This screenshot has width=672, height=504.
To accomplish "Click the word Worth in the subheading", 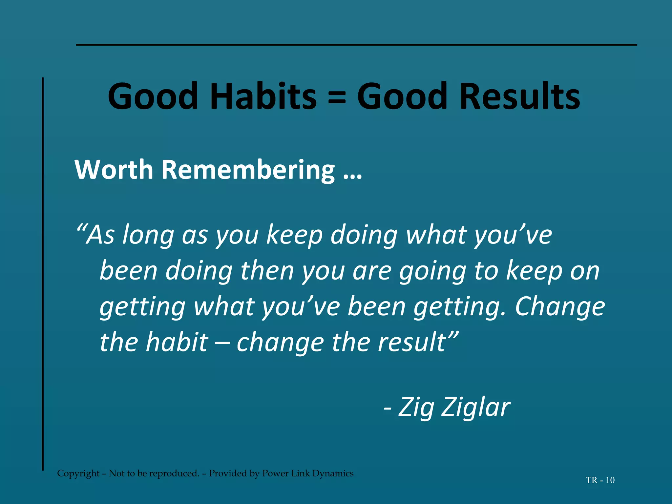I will (114, 170).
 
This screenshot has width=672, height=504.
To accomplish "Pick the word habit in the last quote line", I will (177, 342).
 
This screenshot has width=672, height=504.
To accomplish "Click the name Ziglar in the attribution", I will (476, 408).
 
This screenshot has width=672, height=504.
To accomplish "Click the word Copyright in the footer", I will (78, 473).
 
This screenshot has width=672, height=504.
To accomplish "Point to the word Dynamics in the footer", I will (333, 473).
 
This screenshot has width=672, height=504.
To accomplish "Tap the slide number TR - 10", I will (600, 480).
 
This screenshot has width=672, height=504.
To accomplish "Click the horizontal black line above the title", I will (356, 45).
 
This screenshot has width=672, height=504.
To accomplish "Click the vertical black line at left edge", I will (43, 274).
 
